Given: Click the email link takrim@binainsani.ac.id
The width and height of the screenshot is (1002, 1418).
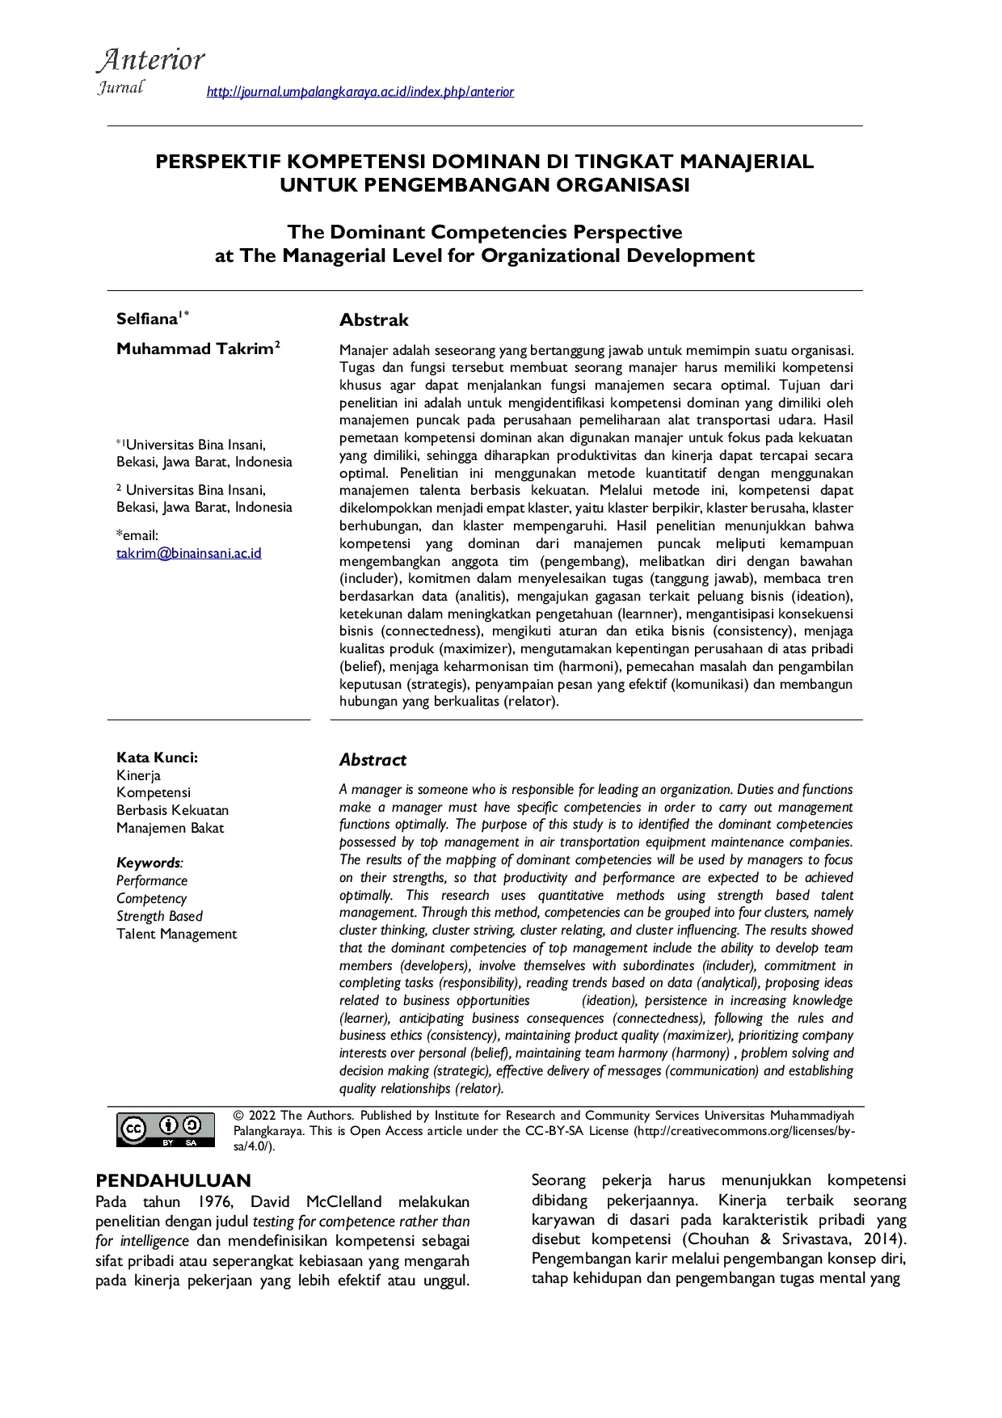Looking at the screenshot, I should (x=188, y=553).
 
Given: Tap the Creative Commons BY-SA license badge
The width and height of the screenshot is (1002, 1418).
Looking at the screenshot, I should (x=166, y=1129).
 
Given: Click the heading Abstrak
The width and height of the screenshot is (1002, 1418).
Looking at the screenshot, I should (x=373, y=320).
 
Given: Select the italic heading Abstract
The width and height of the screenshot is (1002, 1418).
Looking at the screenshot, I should (x=373, y=760).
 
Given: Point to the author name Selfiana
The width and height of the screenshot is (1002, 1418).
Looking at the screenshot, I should (x=146, y=319).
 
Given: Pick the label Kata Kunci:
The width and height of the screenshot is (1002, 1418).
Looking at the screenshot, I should (x=157, y=758).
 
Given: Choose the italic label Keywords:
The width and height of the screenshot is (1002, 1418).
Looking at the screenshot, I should (x=149, y=863).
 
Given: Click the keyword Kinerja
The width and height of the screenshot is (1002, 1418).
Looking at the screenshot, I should (x=138, y=775).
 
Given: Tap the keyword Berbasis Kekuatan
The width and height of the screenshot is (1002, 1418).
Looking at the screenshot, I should (x=172, y=810).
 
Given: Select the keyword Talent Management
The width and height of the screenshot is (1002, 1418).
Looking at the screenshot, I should (x=176, y=934).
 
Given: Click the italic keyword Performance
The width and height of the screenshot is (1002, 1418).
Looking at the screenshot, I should (x=151, y=880).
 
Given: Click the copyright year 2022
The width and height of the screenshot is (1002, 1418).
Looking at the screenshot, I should (x=262, y=1116).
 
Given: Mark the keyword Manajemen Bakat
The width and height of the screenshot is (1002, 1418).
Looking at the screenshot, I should (x=170, y=828).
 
